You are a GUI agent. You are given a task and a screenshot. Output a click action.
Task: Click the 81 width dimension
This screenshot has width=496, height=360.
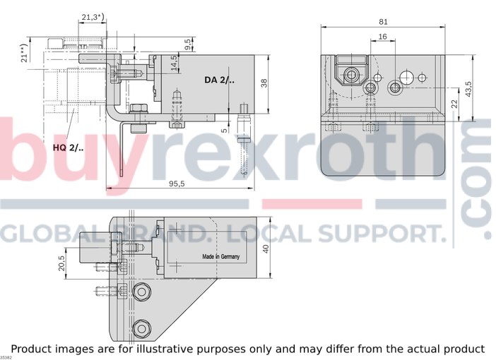tap(383, 21)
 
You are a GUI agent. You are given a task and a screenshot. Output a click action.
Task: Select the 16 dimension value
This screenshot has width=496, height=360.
tap(382, 37)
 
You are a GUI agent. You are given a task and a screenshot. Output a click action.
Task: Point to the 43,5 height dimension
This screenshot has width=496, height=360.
tap(468, 89)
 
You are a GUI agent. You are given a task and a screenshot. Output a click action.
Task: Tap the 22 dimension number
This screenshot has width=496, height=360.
tap(454, 103)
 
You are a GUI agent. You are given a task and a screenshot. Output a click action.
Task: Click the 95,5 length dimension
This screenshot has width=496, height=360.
tap(177, 184)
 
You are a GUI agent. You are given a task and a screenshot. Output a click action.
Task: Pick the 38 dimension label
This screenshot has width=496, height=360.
tap(264, 83)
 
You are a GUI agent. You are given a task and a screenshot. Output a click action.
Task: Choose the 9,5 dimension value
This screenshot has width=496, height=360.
tap(187, 44)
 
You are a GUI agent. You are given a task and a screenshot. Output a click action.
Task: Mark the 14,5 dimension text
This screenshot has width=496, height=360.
tap(173, 63)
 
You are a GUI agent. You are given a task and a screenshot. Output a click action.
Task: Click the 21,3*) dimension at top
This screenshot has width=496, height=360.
tap(93, 17)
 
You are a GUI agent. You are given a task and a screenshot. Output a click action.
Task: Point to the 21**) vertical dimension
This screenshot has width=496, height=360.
tap(24, 53)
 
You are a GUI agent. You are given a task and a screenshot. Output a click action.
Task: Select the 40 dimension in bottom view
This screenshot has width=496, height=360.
tap(266, 248)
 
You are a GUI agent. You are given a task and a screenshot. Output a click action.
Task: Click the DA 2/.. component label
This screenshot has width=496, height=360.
tap(219, 80)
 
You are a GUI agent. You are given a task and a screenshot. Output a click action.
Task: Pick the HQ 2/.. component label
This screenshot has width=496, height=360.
tap(69, 148)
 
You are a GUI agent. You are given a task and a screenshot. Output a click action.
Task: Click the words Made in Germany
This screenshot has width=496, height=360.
tap(220, 256)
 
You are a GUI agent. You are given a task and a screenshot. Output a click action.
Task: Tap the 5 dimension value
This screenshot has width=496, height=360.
tap(224, 130)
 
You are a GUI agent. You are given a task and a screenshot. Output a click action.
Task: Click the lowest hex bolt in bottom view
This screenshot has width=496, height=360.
tap(142, 329)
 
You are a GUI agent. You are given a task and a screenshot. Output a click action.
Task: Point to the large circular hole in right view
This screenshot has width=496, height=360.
tap(407, 77)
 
